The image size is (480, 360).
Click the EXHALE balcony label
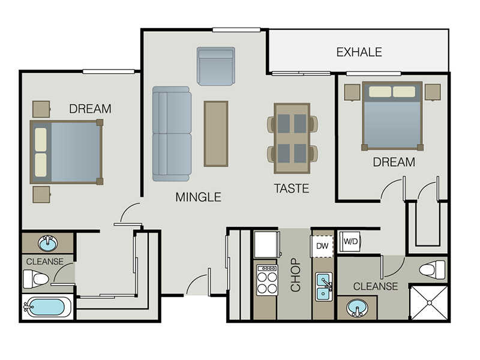pos(359,52)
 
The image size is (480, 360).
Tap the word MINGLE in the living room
pos(198,197)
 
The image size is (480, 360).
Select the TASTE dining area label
pos(292,188)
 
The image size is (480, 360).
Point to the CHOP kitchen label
pos(295,275)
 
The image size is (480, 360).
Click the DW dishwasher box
pos(322,246)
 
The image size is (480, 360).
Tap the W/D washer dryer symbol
pos(350,242)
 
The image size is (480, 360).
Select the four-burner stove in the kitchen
pos(267,280)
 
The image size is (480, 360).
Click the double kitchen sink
pos(324,287)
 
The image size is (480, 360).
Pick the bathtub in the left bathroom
pos(47,307)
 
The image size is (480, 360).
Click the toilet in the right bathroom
pos(432,269)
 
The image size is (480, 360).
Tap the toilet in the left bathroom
pos(36,279)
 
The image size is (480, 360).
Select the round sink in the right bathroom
pos(357,308)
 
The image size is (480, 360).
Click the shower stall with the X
pos(429,303)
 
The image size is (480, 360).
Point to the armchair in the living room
pos(216,66)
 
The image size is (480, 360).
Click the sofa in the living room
pos(172,134)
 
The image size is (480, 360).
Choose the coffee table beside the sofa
pos(216,134)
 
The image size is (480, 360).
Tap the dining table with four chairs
pos(292,139)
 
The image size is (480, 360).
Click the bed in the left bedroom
pos(67,152)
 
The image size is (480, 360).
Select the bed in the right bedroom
pos(392,116)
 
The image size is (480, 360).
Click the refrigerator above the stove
pos(267,244)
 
